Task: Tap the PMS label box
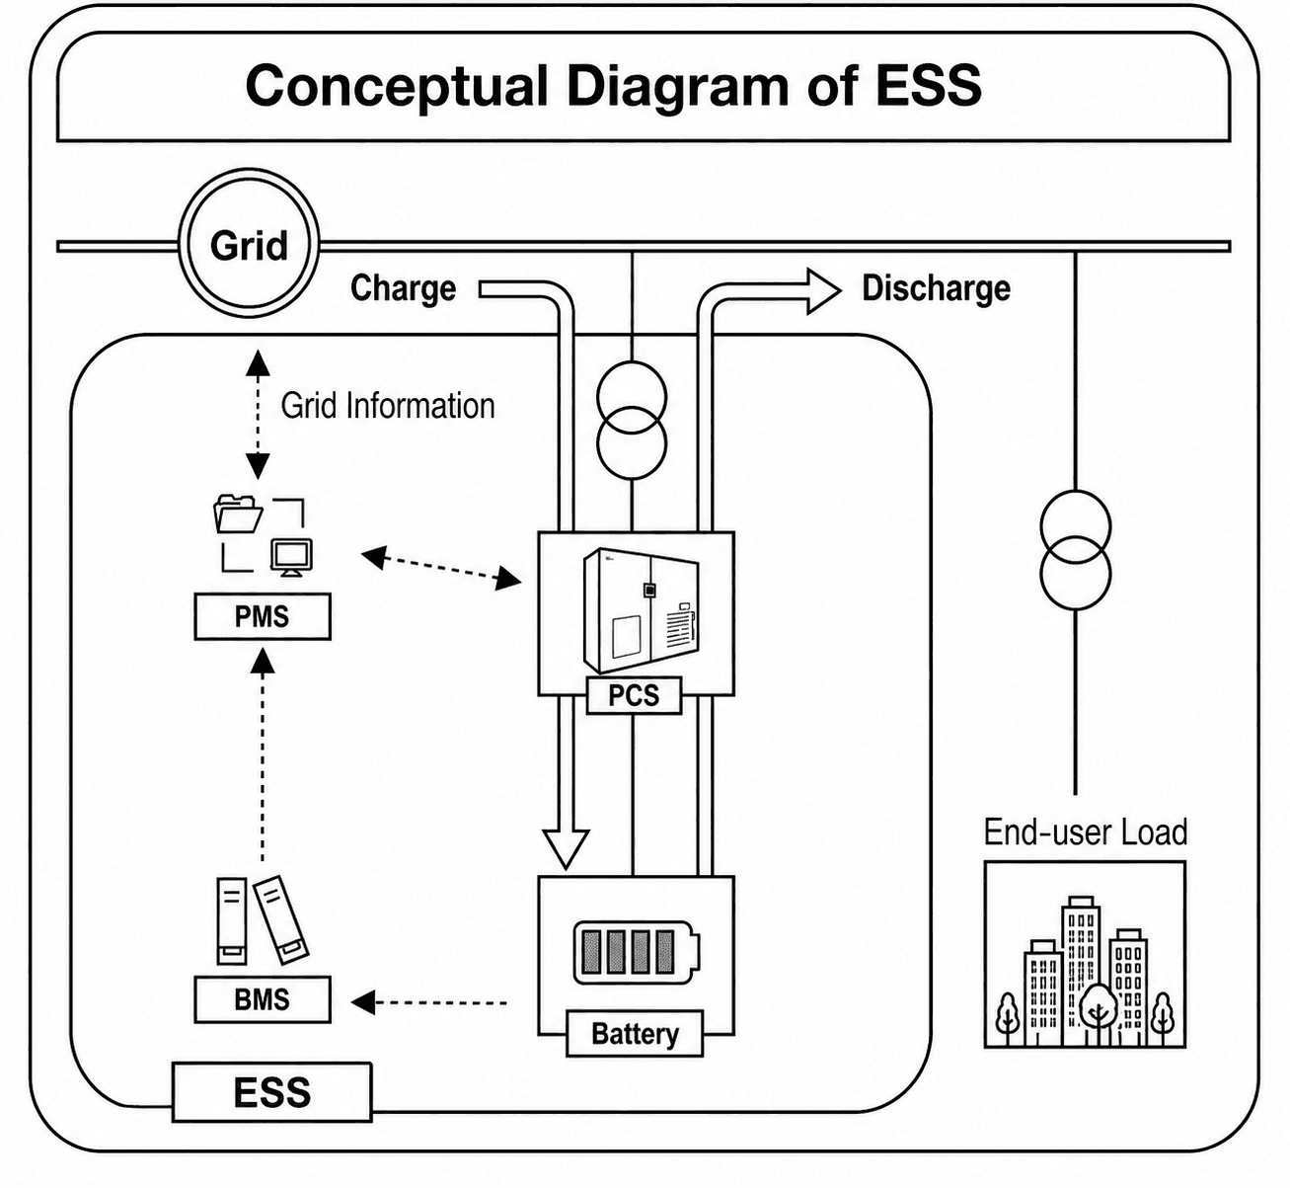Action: pos(263,616)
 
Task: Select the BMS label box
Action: pos(263,998)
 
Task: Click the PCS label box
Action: pos(634,695)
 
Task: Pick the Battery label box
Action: pos(635,1034)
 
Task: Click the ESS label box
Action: pos(272,1092)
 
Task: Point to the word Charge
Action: pos(404,287)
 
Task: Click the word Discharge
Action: pos(936,287)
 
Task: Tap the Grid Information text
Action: pos(388,406)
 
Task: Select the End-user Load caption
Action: pos(1086,832)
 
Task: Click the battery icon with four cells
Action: pos(637,952)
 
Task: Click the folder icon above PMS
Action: pos(238,514)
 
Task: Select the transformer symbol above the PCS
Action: pos(632,421)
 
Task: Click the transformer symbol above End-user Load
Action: pos(1075,550)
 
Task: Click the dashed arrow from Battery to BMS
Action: pos(429,1002)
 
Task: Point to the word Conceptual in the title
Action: pos(396,86)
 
